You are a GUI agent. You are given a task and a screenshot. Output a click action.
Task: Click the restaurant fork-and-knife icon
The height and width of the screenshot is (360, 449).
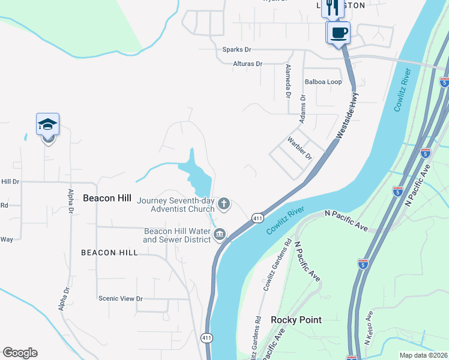tap(333, 8)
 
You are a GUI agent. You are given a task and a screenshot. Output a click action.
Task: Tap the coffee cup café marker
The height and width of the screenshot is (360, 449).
tap(339, 32)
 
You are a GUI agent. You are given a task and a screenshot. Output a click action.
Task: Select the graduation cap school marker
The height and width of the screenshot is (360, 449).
tap(48, 124)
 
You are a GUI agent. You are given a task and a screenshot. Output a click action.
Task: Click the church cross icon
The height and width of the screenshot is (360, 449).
tap(224, 205)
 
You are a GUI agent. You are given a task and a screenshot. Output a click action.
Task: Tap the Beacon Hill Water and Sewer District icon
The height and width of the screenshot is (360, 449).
tap(220, 234)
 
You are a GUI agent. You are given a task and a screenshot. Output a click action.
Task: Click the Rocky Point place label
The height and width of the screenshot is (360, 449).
tap(296, 320)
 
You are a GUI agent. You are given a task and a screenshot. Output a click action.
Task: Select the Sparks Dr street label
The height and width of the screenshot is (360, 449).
tap(237, 50)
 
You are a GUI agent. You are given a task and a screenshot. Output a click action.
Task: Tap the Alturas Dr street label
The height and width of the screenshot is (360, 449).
tap(247, 64)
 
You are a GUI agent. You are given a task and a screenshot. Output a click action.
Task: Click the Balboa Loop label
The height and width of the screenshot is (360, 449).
tap(323, 82)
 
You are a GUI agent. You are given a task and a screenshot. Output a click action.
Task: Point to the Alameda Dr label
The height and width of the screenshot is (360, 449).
tap(288, 81)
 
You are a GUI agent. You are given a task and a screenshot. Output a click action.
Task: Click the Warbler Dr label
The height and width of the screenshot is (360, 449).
tap(301, 148)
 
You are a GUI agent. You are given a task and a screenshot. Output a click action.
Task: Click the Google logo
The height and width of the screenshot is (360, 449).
tap(20, 353)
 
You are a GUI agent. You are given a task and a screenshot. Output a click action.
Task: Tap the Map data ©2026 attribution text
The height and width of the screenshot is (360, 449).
tap(423, 355)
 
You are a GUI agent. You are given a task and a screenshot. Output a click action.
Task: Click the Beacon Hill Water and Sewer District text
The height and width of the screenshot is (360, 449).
tap(176, 235)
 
